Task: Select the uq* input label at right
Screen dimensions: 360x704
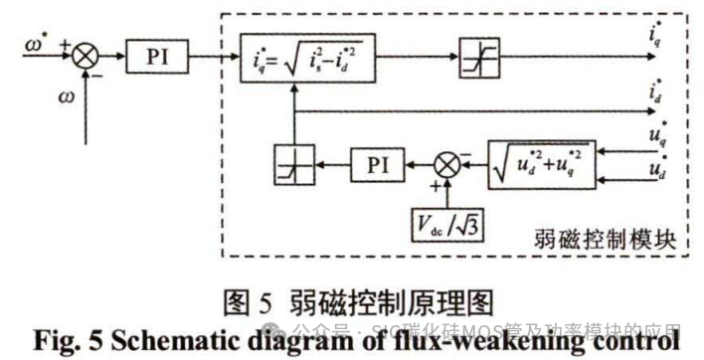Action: pos(656,132)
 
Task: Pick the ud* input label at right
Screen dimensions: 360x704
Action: pos(656,170)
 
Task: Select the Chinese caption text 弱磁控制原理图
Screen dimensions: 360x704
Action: pos(385,299)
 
